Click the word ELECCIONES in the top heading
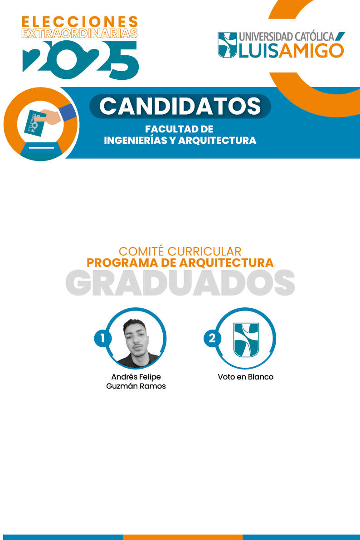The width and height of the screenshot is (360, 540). click(x=80, y=21)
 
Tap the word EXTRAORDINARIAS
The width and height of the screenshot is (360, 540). click(x=80, y=33)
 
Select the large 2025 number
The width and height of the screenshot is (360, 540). click(x=81, y=58)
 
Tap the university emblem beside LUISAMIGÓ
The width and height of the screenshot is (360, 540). click(x=227, y=45)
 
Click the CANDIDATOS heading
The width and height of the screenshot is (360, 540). click(x=180, y=106)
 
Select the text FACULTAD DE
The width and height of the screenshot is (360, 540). click(x=179, y=130)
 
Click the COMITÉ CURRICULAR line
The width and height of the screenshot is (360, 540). click(x=180, y=251)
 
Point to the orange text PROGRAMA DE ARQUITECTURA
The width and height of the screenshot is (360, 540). click(x=180, y=263)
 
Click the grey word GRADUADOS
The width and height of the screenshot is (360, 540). click(x=180, y=282)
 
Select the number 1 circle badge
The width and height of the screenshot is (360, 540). click(x=103, y=338)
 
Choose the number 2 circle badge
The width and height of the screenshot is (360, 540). click(x=212, y=338)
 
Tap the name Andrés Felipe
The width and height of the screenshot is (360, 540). click(x=136, y=377)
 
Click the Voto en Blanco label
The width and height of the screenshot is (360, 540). click(x=246, y=377)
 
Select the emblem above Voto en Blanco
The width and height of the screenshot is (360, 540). click(x=246, y=340)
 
